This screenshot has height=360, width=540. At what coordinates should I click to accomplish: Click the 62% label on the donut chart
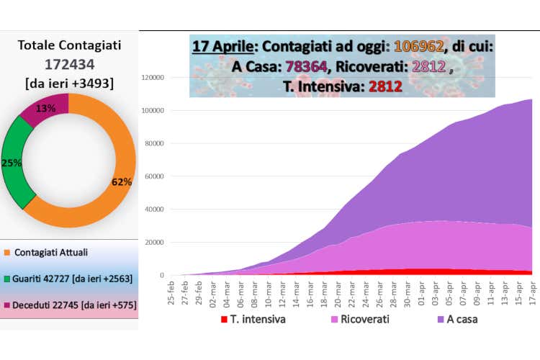(x=121, y=182)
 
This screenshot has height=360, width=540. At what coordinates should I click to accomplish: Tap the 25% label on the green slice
(x=11, y=163)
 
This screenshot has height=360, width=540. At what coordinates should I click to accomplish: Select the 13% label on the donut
(x=47, y=108)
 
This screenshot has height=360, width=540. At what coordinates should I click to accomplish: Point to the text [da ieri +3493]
(x=68, y=82)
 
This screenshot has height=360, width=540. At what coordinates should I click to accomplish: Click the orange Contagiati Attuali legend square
(x=7, y=253)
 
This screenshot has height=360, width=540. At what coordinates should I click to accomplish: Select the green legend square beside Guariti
(x=7, y=279)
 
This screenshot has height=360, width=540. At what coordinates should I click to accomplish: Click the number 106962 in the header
(x=418, y=46)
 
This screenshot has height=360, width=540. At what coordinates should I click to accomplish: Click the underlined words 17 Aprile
(x=222, y=46)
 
